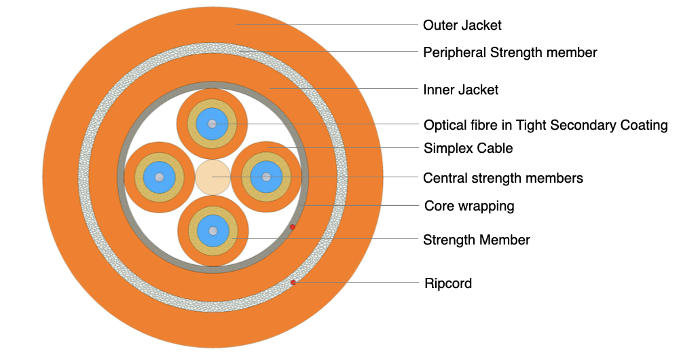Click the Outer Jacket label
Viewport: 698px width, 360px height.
pos(462,25)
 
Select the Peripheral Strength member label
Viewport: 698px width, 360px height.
pos(510,52)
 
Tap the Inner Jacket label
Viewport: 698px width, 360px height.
pos(460,90)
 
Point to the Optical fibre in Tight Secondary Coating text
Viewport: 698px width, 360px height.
pos(545,125)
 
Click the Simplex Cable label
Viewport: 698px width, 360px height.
pos(468,148)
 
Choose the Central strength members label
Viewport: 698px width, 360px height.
pos(502,178)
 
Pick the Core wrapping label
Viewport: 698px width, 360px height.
pos(469,205)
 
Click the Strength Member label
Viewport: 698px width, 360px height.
pos(476,240)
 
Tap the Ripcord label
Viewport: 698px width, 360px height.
pos(447,283)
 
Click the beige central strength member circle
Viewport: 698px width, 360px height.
pos(213,177)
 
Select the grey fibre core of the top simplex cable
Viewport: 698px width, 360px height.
pos(213,124)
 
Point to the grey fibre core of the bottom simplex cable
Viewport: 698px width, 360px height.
pos(213,231)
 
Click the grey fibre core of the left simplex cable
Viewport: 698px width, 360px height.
pos(159,177)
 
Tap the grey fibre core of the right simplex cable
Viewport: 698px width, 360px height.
pos(266,177)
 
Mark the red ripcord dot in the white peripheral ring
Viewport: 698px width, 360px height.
pos(293,282)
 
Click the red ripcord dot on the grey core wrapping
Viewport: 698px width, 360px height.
pos(293,227)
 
